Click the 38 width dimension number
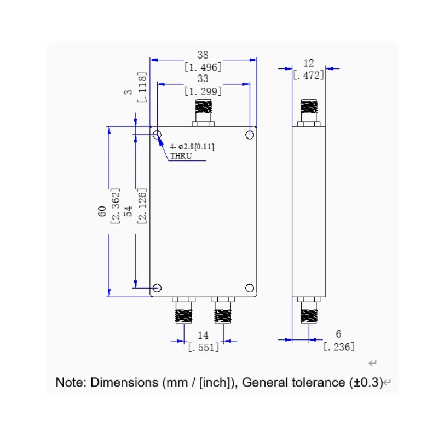pos(203,55)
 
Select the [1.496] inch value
pos(203,67)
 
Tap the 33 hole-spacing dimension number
pos(203,78)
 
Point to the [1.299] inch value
pos(203,91)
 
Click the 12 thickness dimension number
pos(309,63)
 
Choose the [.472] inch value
pos(309,76)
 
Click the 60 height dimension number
pos(102,211)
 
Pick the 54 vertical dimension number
pos(128,211)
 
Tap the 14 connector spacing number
pos(203,335)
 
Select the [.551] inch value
pos(203,348)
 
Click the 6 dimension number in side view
pos(338,334)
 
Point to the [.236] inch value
pos(339,347)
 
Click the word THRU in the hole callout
pos(181,156)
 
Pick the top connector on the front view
pos(203,113)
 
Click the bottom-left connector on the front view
pos(184,310)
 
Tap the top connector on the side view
pos(309,113)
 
